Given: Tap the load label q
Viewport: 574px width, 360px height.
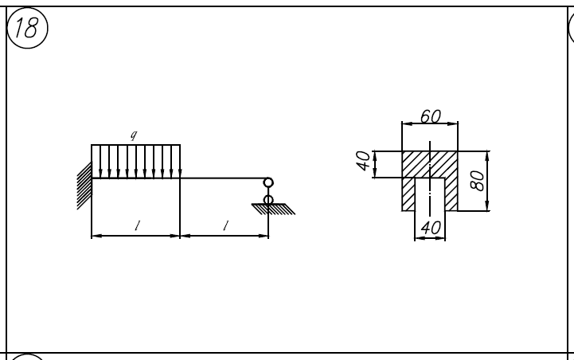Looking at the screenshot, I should tap(135, 136).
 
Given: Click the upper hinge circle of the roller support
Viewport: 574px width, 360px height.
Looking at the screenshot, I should tap(268, 183).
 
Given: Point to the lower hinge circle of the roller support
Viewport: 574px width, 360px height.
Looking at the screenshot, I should tap(268, 199).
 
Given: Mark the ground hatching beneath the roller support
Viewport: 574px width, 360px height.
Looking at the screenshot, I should tap(273, 209).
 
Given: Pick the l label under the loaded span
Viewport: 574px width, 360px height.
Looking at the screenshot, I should tap(136, 225).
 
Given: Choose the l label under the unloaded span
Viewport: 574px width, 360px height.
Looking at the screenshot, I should tap(225, 225).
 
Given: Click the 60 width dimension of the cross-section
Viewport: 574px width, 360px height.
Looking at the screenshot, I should tap(430, 117).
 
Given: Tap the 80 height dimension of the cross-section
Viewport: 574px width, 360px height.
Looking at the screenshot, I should tap(477, 181).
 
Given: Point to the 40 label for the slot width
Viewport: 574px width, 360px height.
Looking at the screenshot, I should tap(430, 228).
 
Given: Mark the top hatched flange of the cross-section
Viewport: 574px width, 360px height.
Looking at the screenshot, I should tap(430, 164).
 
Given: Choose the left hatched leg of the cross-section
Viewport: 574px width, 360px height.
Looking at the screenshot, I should tap(408, 194).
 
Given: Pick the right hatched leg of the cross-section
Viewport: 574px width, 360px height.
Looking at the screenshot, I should tap(451, 194).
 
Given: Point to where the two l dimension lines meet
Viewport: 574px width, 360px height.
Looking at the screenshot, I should tap(181, 236).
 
